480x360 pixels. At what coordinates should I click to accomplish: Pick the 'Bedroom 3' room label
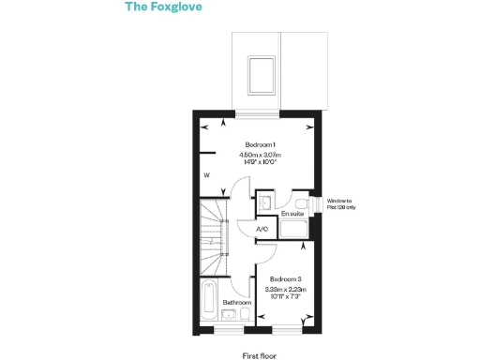[285, 279]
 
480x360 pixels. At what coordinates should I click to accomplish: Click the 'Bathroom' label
[236, 303]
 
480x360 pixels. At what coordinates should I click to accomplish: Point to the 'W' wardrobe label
[206, 175]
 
